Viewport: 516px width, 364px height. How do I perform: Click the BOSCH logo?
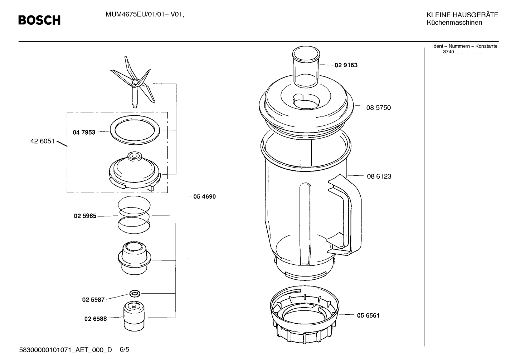(39, 20)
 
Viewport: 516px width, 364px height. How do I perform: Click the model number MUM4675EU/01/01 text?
(135, 15)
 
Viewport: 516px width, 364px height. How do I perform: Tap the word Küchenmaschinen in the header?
(454, 23)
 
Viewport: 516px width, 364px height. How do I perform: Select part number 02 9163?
(346, 65)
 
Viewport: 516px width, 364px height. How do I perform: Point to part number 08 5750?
(379, 108)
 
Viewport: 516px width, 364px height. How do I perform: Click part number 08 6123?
(379, 176)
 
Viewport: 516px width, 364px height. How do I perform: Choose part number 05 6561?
(368, 315)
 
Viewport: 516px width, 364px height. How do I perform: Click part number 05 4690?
(205, 196)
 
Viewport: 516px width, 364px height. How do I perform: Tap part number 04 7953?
(84, 133)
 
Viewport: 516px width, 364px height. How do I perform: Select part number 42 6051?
(42, 141)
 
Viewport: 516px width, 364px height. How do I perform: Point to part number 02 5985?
(85, 216)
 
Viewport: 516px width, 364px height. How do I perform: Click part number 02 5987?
(93, 300)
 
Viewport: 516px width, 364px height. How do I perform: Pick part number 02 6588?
(96, 319)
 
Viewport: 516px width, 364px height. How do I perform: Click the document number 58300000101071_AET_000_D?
(65, 350)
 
